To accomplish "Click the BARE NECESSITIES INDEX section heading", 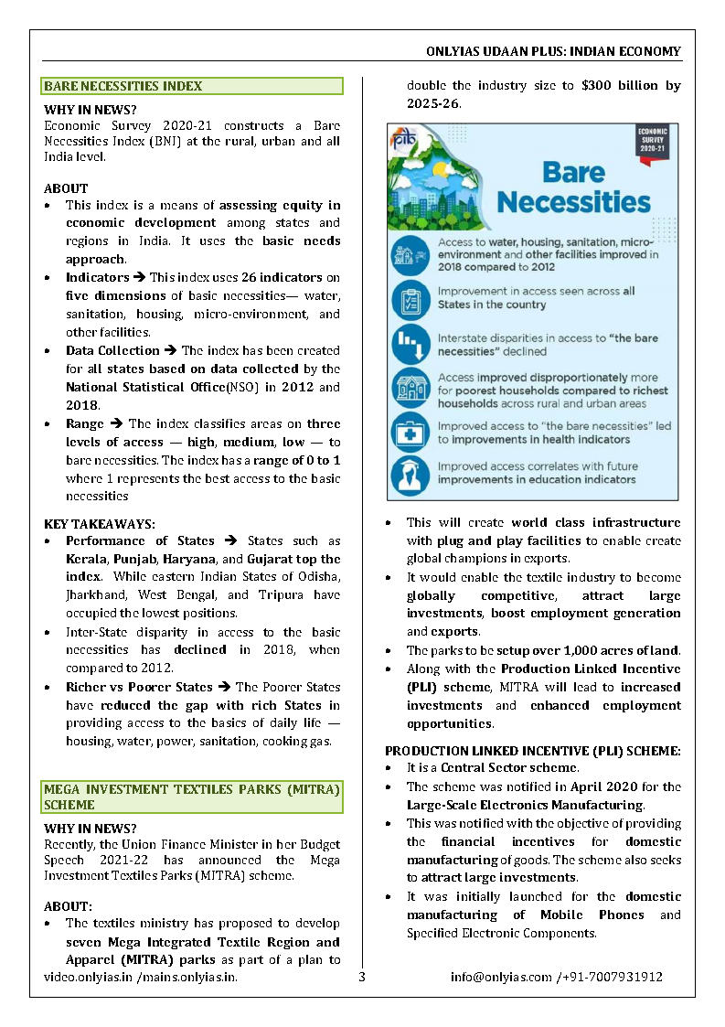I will tap(123, 86).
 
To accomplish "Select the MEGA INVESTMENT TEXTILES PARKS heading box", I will tap(192, 797).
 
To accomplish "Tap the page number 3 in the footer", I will tap(362, 976).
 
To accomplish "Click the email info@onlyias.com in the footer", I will tap(500, 976).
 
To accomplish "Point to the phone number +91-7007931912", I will tap(613, 976).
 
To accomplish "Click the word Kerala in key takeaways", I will tap(85, 559).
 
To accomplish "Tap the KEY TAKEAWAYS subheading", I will tap(100, 524).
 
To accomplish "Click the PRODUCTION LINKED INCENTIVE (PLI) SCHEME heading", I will tap(532, 750).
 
